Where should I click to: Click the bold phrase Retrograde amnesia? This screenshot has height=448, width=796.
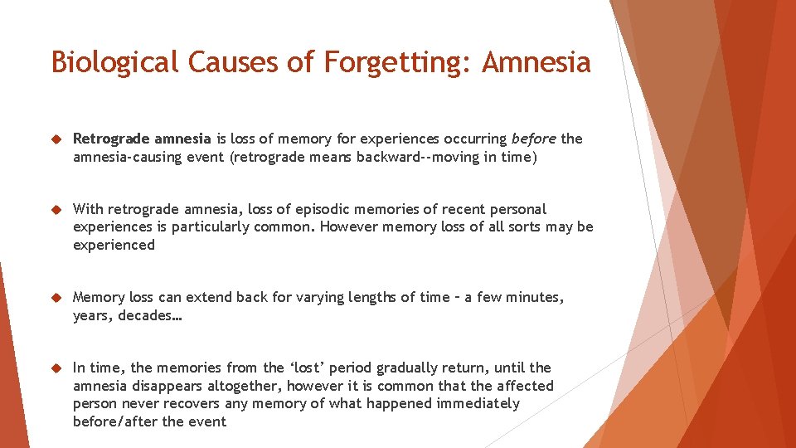[142, 139]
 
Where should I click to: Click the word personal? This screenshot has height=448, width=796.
[518, 209]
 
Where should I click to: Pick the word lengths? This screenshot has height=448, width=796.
[366, 297]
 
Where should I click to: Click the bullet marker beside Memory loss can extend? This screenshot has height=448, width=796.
[57, 297]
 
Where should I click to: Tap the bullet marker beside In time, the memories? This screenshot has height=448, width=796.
[57, 368]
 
